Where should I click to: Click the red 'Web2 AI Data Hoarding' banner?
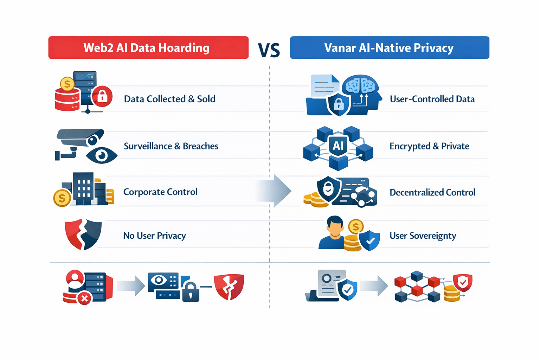tap(148, 47)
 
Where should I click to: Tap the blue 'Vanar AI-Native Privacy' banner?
tap(389, 47)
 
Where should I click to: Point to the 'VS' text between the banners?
tap(269, 50)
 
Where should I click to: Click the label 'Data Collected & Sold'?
tap(169, 99)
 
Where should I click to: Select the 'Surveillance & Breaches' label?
tap(171, 146)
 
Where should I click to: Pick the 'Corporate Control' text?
tap(160, 192)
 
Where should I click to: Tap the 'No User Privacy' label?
tap(154, 236)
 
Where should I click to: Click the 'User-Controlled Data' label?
tap(432, 99)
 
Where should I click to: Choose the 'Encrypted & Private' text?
tap(429, 146)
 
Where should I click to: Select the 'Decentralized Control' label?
tap(432, 192)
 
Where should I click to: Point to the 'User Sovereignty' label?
tap(423, 236)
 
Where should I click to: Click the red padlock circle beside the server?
tap(102, 96)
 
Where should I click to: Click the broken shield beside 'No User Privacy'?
tap(83, 234)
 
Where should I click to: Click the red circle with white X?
tap(84, 299)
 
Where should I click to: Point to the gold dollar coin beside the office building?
tap(62, 198)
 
